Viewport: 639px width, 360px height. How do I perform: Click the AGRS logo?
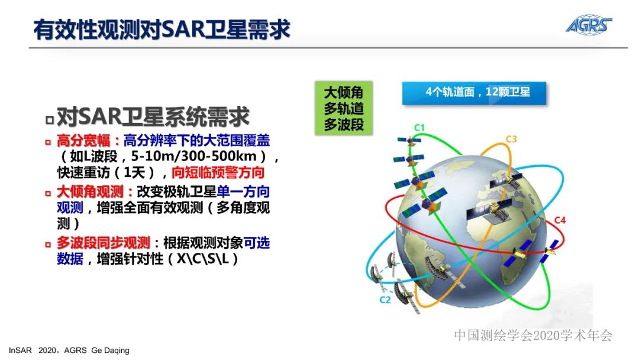click(588, 24)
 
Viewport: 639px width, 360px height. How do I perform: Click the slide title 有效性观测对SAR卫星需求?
click(161, 30)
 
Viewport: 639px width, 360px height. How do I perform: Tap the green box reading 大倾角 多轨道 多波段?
click(343, 108)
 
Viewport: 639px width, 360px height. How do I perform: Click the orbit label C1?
click(419, 127)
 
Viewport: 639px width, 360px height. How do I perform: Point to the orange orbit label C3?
click(511, 140)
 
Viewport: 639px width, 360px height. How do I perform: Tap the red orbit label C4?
click(560, 221)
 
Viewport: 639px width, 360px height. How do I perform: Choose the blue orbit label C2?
click(385, 300)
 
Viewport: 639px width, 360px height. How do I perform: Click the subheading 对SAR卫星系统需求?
click(153, 117)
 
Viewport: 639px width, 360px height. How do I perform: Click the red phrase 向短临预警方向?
click(218, 173)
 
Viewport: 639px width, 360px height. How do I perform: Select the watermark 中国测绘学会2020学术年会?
click(532, 336)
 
